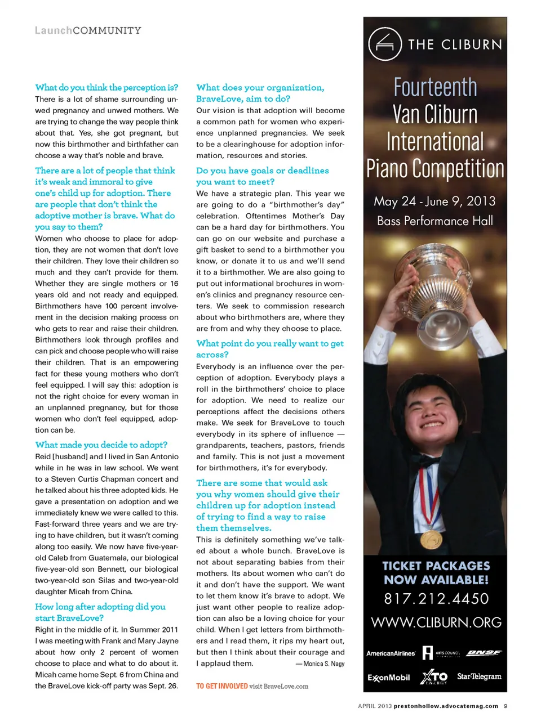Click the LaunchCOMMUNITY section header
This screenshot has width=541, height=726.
pyautogui.click(x=88, y=30)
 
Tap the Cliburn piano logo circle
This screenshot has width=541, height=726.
pyautogui.click(x=385, y=44)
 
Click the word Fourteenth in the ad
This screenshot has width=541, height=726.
pyautogui.click(x=435, y=87)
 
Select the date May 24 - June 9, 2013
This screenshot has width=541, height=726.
pyautogui.click(x=434, y=201)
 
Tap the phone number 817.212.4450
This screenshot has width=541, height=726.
pyautogui.click(x=436, y=599)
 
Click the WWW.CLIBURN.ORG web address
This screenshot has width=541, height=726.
pyautogui.click(x=436, y=622)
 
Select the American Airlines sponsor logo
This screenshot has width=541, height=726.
pyautogui.click(x=391, y=653)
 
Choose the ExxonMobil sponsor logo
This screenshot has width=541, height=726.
pyautogui.click(x=389, y=678)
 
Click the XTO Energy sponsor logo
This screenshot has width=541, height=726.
pyautogui.click(x=434, y=677)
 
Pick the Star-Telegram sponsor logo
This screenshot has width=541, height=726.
pyautogui.click(x=479, y=676)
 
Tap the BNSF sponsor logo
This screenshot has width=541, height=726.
pyautogui.click(x=484, y=653)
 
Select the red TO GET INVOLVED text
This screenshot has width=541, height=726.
pyautogui.click(x=222, y=687)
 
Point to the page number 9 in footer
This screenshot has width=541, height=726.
pyautogui.click(x=505, y=706)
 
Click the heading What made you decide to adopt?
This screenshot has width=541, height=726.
pyautogui.click(x=101, y=445)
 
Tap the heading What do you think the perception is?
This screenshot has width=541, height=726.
pyautogui.click(x=107, y=88)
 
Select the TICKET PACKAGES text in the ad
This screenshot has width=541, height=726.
pyautogui.click(x=436, y=566)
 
